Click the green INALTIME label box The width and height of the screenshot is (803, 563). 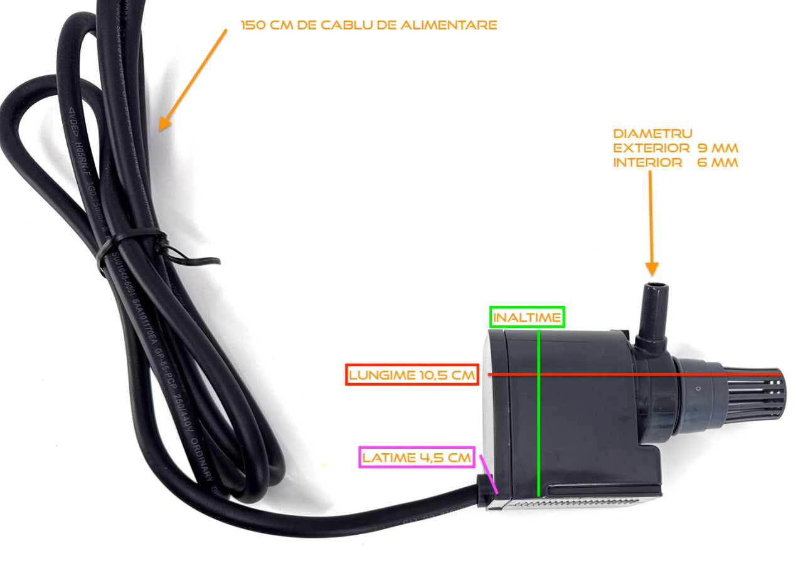[x=527, y=317]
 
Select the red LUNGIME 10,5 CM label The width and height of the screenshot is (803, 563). [x=412, y=375]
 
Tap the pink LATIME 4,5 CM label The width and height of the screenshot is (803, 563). [x=416, y=458]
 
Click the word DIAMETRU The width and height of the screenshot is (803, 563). [x=652, y=134]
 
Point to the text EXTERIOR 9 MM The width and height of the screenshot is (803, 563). [x=675, y=148]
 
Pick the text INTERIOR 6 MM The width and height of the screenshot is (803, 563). [x=675, y=162]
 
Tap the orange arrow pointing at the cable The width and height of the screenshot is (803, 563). [x=192, y=79]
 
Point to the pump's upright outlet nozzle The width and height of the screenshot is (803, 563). [x=652, y=310]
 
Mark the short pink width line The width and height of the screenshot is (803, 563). [x=489, y=475]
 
